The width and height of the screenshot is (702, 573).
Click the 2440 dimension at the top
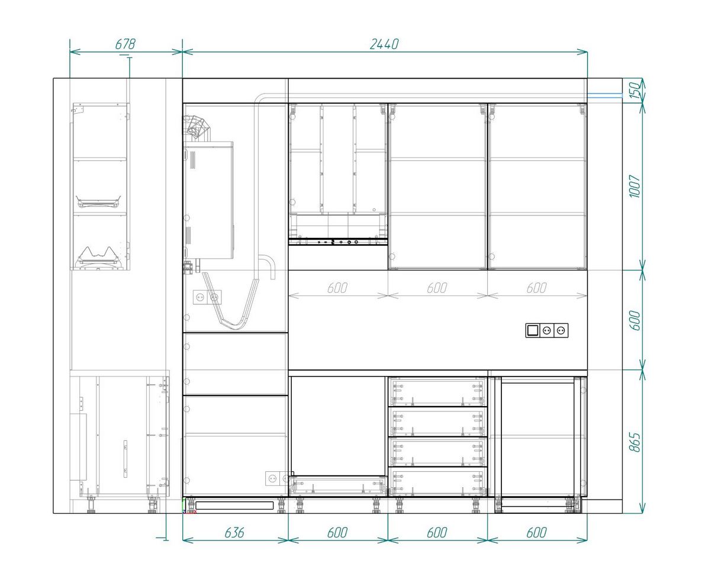click(384, 44)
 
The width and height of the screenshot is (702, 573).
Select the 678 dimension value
click(125, 44)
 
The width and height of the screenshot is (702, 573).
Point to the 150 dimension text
click(635, 91)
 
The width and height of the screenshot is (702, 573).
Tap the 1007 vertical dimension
click(635, 186)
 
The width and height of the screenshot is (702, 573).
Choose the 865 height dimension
click(635, 442)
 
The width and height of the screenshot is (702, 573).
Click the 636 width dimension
click(234, 532)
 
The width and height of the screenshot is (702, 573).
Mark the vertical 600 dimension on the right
click(635, 320)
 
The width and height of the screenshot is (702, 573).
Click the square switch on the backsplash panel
click(532, 330)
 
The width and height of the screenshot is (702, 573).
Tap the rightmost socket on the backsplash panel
click(561, 330)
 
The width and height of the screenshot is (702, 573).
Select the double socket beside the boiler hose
click(207, 297)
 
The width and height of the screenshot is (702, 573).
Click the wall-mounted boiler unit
click(208, 201)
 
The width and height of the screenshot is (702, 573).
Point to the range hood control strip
click(338, 242)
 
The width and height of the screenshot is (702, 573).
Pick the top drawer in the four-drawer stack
click(437, 392)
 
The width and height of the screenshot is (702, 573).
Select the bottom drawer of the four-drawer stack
click(437, 482)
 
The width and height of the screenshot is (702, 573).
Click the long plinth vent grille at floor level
click(234, 506)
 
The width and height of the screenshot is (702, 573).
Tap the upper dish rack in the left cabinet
click(99, 201)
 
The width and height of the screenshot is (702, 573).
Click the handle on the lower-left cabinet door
click(125, 458)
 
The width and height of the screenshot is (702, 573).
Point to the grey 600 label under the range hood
click(337, 288)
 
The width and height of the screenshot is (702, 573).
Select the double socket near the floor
click(278, 478)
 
